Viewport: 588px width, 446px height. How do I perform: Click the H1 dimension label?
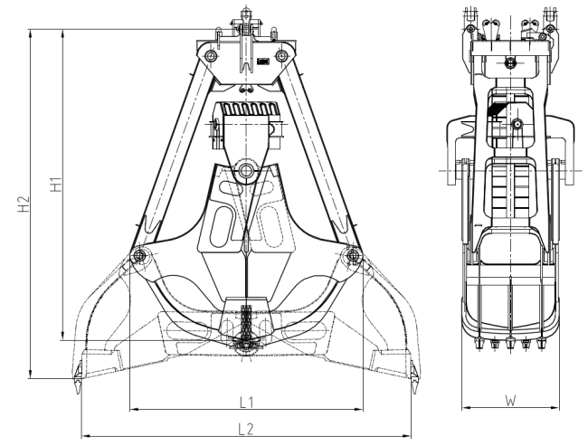56,185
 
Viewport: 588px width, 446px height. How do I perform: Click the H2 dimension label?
24,204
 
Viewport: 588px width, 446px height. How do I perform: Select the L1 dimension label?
247,402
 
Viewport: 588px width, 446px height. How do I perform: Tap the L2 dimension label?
246,429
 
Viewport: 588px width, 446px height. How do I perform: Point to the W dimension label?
510,401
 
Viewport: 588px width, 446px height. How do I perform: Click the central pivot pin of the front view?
246,171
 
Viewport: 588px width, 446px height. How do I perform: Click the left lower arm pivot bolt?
139,256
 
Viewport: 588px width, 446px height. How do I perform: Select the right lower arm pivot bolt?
353,256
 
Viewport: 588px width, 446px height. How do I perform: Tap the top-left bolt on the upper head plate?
211,56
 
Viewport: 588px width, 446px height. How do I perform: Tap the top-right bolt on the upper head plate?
281,56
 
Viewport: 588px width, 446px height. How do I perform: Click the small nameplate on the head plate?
263,62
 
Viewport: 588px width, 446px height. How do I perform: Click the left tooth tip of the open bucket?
78,392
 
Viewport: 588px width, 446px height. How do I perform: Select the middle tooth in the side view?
510,343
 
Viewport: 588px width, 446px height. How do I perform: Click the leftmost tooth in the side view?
479,343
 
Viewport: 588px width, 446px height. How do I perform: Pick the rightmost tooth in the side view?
541,343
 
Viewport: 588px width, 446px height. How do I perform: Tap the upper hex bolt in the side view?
509,62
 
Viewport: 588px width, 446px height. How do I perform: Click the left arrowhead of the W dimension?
466,408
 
